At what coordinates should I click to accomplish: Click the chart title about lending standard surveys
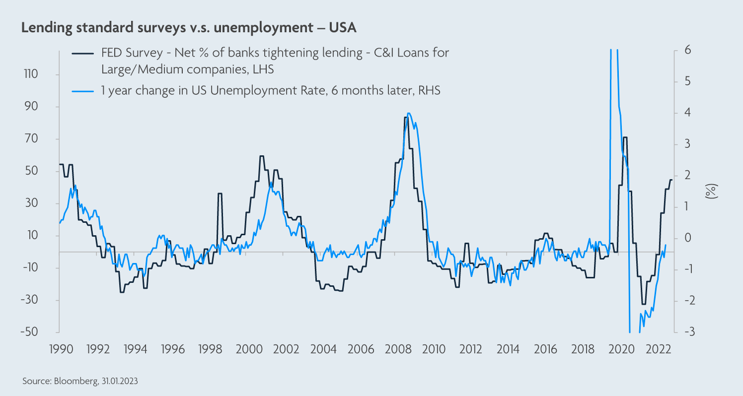click(x=189, y=28)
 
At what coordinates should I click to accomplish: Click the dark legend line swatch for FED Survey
click(x=83, y=53)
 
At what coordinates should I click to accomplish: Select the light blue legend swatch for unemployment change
click(x=83, y=91)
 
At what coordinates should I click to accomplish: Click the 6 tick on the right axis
click(x=688, y=50)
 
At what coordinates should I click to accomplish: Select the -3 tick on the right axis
click(x=687, y=332)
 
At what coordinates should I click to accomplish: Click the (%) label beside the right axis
click(x=711, y=191)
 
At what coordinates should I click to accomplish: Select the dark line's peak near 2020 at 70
click(x=625, y=137)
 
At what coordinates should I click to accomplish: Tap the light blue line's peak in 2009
click(x=408, y=113)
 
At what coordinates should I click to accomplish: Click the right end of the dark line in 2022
click(x=671, y=180)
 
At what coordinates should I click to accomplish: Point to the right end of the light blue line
click(x=666, y=245)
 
